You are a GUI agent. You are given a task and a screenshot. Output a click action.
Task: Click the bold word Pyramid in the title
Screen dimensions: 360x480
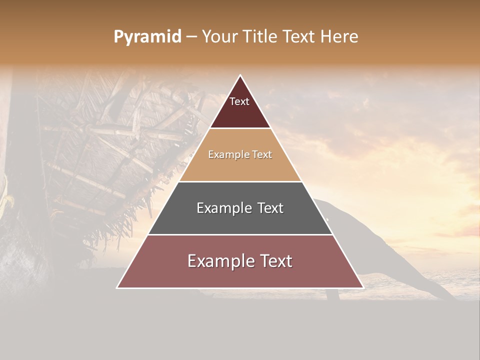coord(147,37)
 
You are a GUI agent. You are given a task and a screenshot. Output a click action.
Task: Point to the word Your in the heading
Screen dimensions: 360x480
coord(220,37)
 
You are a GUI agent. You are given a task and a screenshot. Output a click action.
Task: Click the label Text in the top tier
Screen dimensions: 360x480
coord(239,101)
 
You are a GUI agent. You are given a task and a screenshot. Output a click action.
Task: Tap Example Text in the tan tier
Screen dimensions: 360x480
coord(240,154)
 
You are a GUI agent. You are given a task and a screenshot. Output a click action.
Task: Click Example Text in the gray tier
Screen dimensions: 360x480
coord(240,208)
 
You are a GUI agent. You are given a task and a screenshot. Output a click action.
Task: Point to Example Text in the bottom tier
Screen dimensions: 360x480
coord(240,261)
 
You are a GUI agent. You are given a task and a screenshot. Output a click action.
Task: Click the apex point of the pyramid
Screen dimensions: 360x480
coord(240,75)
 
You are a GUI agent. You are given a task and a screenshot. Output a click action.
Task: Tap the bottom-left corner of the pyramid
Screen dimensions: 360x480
coord(117,287)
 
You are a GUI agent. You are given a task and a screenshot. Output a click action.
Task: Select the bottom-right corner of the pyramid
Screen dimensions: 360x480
coord(363,287)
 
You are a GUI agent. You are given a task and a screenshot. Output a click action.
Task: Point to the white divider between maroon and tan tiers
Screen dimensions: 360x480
coord(240,128)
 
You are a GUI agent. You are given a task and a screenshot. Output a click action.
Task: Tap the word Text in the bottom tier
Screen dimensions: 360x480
coord(273,261)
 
